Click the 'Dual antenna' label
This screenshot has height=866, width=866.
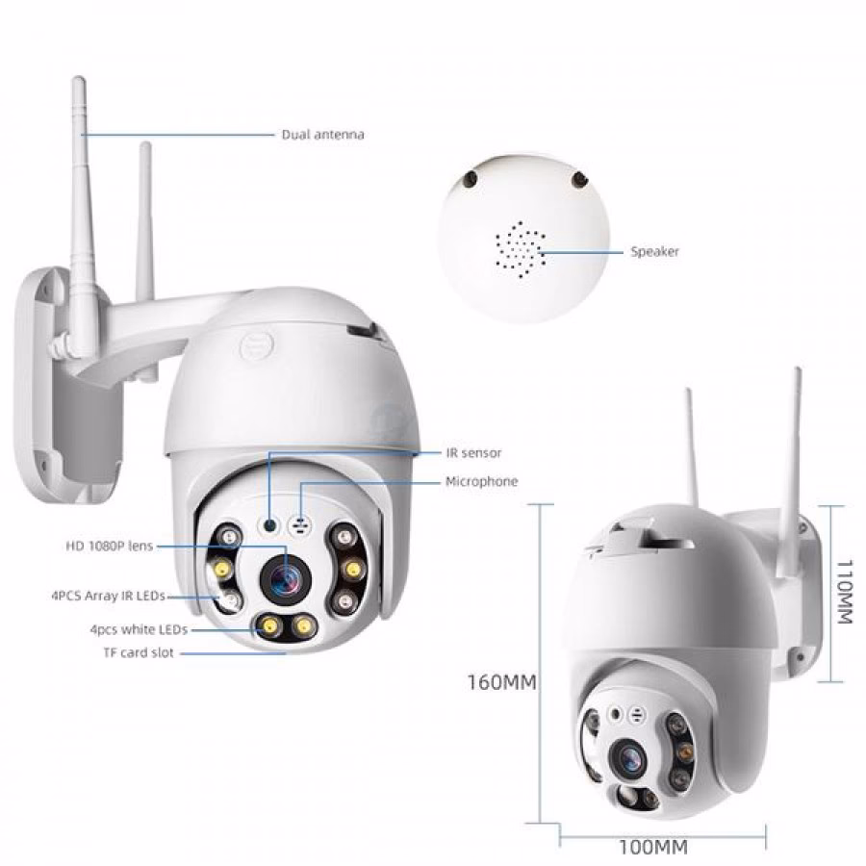pos(323,134)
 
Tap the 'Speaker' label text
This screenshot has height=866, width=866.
pos(654,251)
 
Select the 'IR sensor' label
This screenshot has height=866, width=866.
pos(473,453)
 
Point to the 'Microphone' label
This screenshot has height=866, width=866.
pos(482,481)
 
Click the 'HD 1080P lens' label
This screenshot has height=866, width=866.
pos(110,547)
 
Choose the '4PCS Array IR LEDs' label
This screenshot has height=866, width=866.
pos(108,596)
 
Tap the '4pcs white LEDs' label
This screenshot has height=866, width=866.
pos(139,629)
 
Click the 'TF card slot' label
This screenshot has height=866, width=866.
pos(139,652)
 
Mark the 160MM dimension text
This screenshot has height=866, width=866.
pos(502,682)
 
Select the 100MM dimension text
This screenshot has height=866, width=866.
pos(653,847)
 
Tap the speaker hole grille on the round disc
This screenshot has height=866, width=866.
pos(521,249)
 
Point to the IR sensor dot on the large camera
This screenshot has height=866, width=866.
pos(270,525)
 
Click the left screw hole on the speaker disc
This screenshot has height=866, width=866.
pos(471,177)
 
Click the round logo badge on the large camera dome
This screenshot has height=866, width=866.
pos(257,347)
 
